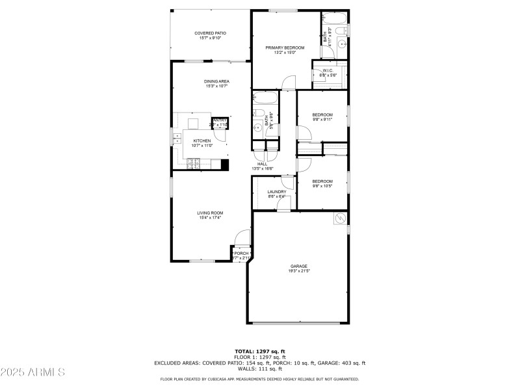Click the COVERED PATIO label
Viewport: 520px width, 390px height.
[211, 33]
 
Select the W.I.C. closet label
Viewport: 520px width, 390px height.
[327, 70]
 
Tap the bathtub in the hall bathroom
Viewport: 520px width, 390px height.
[265, 99]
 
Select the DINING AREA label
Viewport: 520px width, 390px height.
[217, 81]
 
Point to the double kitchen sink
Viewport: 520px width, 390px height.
[177, 137]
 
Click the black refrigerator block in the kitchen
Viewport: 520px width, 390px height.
[225, 164]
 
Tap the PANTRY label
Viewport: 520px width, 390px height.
[220, 120]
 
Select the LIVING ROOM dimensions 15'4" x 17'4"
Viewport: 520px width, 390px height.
[211, 218]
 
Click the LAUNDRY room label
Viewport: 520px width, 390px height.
[277, 192]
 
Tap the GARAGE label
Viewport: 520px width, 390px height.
[299, 266]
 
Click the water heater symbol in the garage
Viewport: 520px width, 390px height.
[339, 219]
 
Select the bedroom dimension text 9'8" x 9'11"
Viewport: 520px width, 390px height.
[322, 120]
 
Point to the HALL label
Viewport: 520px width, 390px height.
[263, 164]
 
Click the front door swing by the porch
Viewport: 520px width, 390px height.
[242, 238]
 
